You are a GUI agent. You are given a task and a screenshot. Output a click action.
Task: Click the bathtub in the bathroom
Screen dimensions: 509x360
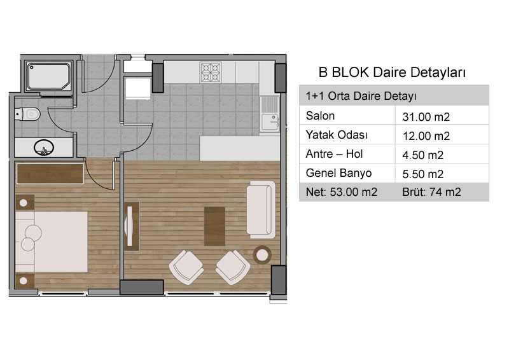[49, 76]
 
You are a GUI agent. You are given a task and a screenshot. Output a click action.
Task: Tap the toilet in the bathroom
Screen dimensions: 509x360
[27, 114]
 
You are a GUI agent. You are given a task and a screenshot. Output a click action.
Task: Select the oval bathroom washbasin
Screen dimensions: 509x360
[44, 148]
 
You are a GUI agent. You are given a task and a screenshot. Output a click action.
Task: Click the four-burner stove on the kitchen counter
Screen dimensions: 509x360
[211, 72]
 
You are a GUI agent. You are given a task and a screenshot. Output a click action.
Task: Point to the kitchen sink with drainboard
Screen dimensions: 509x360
[269, 114]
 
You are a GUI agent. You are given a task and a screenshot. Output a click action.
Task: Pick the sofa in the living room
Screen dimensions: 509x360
[261, 210]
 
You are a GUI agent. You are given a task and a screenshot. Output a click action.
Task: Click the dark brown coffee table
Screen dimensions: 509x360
[214, 226]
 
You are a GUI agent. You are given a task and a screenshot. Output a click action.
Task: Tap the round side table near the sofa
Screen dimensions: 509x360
[262, 255]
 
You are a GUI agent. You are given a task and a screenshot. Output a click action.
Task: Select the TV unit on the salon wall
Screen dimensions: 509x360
[132, 226]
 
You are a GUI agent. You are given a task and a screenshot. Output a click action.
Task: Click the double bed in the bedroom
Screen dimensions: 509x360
[52, 242]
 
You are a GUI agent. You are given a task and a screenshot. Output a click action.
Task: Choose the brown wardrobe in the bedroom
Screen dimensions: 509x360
[50, 174]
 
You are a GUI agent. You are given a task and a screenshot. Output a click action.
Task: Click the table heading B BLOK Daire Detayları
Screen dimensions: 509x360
[392, 73]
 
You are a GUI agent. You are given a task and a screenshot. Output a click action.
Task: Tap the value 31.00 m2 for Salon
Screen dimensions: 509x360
[426, 117]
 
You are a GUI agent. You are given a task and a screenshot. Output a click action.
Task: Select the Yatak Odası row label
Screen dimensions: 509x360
[337, 135]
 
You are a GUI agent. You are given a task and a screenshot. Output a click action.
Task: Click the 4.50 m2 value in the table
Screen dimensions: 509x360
[422, 155]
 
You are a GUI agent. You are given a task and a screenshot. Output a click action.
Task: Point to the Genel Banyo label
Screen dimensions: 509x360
[338, 173]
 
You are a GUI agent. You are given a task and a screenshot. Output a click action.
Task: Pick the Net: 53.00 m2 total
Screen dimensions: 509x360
[342, 192]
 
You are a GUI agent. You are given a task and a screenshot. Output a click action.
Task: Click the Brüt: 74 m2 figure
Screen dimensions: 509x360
[431, 192]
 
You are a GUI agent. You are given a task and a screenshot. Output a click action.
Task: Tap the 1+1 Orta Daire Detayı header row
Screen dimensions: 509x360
[394, 96]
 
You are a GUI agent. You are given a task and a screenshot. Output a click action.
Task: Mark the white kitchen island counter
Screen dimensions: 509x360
[240, 148]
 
